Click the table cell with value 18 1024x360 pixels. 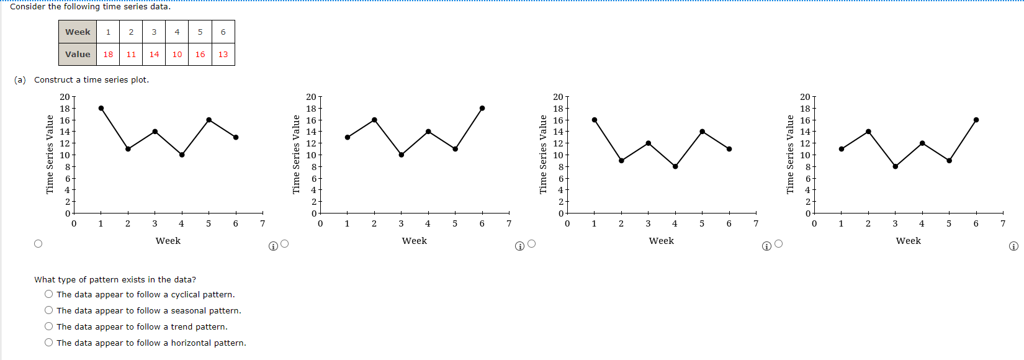pos(108,54)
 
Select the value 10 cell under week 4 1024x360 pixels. pos(177,54)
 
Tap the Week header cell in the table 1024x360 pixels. pos(78,32)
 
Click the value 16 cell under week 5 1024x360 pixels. pos(200,54)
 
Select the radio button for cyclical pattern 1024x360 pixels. pos(48,294)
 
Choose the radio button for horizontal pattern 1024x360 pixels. pos(48,343)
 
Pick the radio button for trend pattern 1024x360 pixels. pos(48,326)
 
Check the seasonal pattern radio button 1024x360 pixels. pos(48,310)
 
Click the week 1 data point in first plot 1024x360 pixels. pos(101,108)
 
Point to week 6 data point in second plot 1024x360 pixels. pos(482,108)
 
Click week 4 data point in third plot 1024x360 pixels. pos(675,166)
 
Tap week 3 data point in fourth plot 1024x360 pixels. pos(895,166)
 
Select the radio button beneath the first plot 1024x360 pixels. pos(38,244)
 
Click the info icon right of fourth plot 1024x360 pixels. pos(1013,246)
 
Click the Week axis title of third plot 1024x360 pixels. pos(661,241)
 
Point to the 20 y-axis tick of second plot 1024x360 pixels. pos(311,97)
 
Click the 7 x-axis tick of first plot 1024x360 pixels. pos(263,223)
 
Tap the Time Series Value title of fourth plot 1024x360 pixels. pos(790,155)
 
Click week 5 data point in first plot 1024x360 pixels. pos(209,120)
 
